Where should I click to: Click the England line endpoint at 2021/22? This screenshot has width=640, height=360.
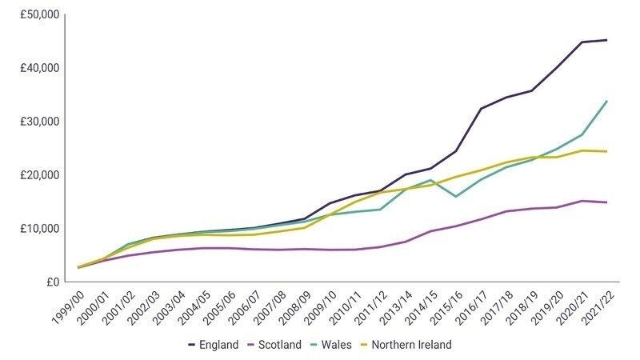click(606, 40)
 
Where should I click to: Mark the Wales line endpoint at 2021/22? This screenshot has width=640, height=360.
click(606, 101)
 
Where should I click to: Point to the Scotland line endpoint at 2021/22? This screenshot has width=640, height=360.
click(606, 202)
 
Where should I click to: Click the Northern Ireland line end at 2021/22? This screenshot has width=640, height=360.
click(606, 151)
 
